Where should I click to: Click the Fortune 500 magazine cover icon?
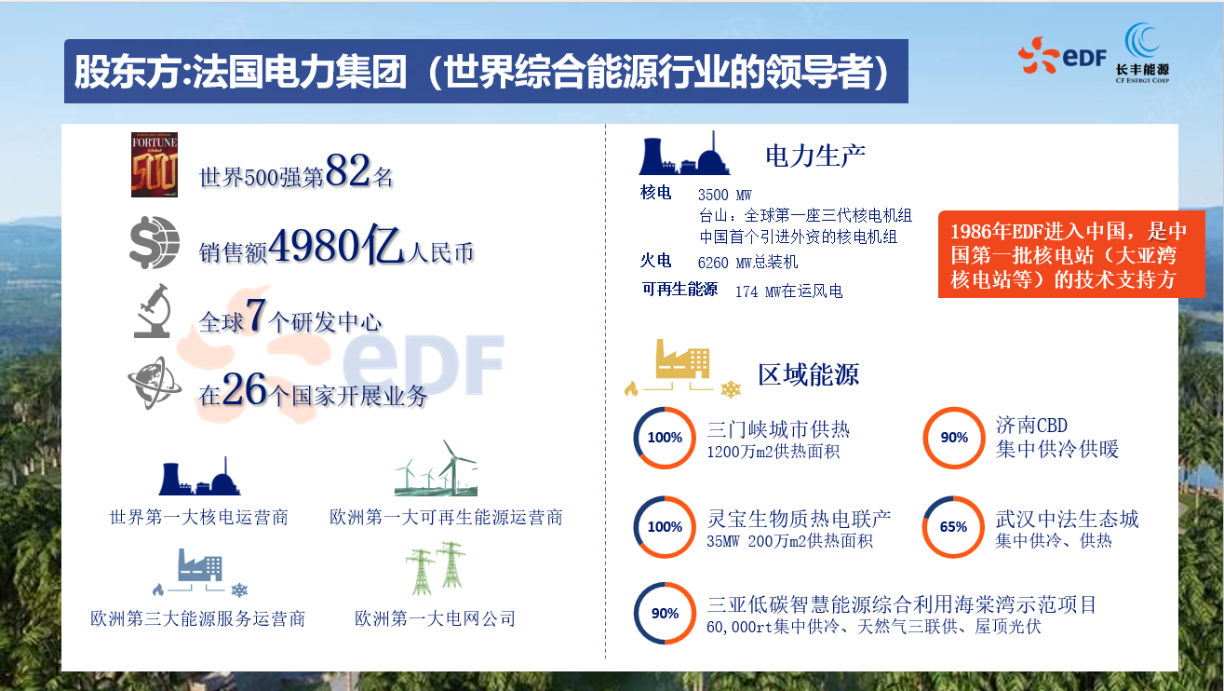(155, 165)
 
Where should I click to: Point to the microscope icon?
(153, 310)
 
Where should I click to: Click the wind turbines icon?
(436, 469)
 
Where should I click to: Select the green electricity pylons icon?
(435, 569)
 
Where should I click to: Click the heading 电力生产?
(815, 156)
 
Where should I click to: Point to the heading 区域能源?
(808, 374)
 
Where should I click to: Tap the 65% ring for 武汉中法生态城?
(953, 527)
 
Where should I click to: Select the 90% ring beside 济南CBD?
(954, 438)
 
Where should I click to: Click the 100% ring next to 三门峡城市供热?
(665, 438)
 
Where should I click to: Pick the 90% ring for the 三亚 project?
(665, 614)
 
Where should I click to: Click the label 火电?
(655, 262)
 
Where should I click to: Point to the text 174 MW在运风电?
(788, 291)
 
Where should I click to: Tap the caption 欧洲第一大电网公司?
(435, 618)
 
